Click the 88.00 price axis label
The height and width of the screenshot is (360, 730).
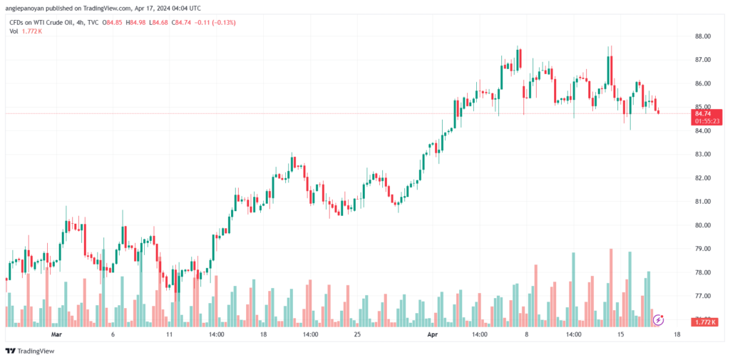[702, 36]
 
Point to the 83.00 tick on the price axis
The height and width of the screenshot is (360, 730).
[702, 154]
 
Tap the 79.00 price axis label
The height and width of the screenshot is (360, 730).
[702, 249]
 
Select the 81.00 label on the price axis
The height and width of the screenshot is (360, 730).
[702, 202]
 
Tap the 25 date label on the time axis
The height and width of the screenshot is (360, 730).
[358, 334]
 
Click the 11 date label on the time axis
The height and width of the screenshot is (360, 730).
[170, 334]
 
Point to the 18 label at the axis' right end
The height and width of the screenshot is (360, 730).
[677, 334]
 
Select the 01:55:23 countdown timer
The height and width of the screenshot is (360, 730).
[706, 120]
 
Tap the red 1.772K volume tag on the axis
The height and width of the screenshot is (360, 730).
[704, 322]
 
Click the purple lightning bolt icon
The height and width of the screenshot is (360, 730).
[658, 319]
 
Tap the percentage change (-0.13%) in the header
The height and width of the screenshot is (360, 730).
[223, 22]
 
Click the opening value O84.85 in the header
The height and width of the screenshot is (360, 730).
[113, 22]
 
